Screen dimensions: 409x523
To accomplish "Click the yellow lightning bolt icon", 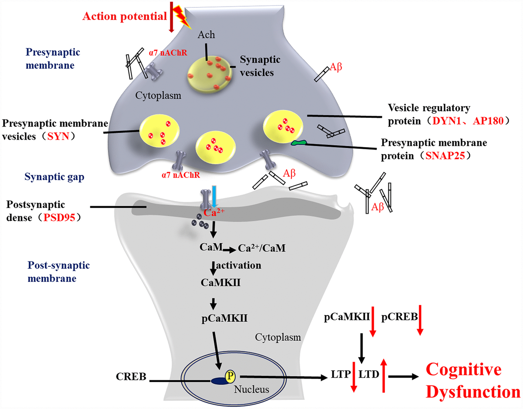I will (x=183, y=16).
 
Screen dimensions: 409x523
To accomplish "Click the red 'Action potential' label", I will (x=125, y=17).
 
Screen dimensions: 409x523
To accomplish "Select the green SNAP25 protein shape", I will (x=299, y=142).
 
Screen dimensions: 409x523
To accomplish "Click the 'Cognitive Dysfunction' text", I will (x=469, y=381).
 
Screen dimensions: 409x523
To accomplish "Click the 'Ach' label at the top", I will (x=207, y=35).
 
